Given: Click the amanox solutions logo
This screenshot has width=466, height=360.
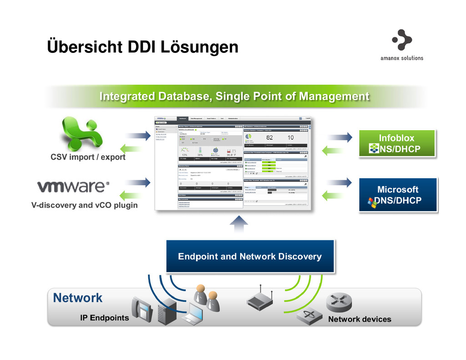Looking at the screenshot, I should pos(401,45).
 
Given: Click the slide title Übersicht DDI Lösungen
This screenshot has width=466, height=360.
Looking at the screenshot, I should pos(143,46).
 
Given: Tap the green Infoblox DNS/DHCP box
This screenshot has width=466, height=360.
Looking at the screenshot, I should pos(397,143).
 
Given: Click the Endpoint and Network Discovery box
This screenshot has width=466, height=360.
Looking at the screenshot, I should pos(250,257).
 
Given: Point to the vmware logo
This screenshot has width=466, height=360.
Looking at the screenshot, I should pos(73,187).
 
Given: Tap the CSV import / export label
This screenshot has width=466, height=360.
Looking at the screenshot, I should pos(88,157).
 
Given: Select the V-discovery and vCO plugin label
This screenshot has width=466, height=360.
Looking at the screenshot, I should pos(84,205).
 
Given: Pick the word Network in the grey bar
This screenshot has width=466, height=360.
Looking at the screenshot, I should pos(78,298).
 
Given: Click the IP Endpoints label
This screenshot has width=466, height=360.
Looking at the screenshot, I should pos(105,318).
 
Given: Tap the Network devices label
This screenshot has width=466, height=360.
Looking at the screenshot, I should pos(360,319).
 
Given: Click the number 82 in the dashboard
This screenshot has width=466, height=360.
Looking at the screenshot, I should pos(269,137).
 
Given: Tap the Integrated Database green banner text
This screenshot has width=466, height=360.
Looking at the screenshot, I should pos(234,96).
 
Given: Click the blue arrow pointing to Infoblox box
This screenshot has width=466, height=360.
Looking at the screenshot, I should pos(339,136).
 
